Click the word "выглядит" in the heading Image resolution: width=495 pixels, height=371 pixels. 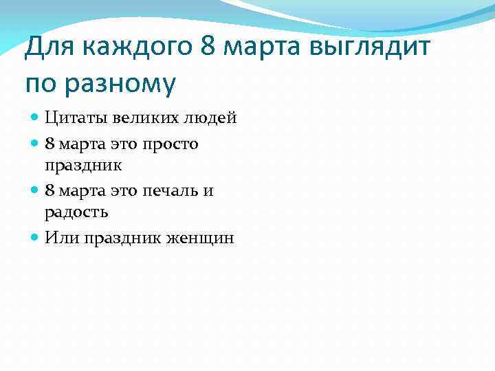(x=372, y=49)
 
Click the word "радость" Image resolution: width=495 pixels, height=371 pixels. (x=76, y=212)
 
